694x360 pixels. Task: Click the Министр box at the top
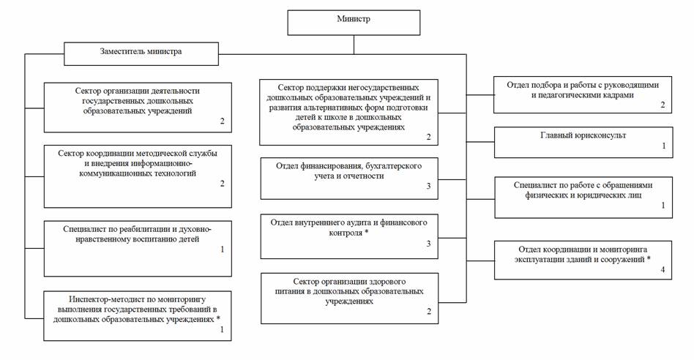[x=354, y=23]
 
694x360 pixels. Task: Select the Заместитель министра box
[x=141, y=54]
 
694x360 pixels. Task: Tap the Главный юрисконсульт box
[x=583, y=143]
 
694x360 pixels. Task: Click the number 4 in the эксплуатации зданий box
[x=663, y=269]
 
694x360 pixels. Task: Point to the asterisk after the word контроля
[x=367, y=232]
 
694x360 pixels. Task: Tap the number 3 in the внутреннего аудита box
[x=428, y=243]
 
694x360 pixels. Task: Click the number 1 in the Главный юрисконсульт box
[x=663, y=146]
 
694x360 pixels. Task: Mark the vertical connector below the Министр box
[x=354, y=45]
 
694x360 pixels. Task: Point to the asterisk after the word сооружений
[x=649, y=258]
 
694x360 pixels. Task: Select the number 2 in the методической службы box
[x=223, y=183]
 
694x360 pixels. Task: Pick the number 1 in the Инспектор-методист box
[x=222, y=329]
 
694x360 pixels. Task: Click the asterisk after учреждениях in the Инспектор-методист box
[x=218, y=318]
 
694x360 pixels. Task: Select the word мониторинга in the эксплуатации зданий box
[x=623, y=250]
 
